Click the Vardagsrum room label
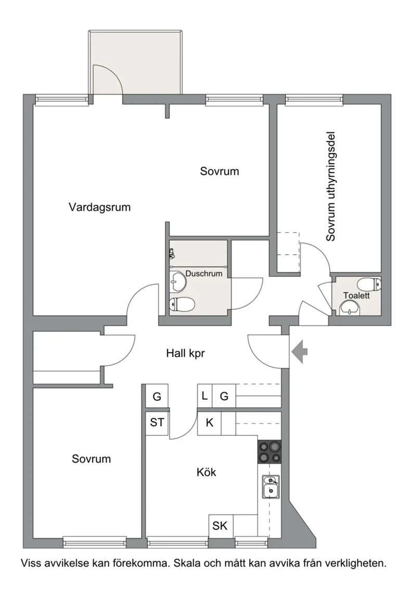[x=99, y=207]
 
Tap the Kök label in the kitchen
[x=207, y=472]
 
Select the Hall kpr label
[x=185, y=353]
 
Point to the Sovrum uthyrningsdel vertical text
[x=331, y=187]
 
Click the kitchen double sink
[x=271, y=487]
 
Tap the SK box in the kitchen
[x=220, y=526]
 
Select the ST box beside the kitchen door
[x=157, y=423]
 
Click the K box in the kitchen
[x=210, y=423]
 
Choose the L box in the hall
[x=205, y=396]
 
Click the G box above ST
[x=157, y=396]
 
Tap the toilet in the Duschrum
[x=182, y=305]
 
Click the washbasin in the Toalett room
[x=350, y=308]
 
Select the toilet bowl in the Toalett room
[x=369, y=284]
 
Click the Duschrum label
[x=204, y=274]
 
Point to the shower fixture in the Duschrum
[x=172, y=253]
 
